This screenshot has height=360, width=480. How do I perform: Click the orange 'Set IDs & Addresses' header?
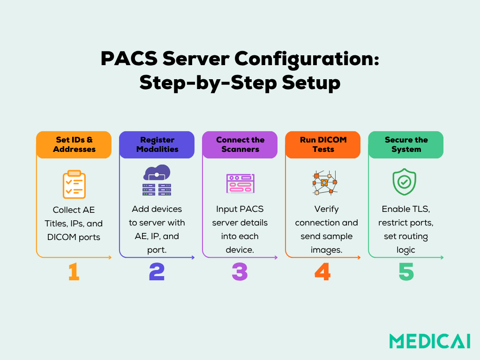click(x=74, y=144)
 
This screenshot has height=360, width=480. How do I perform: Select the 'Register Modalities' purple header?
click(x=157, y=144)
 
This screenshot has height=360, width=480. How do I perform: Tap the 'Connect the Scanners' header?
click(x=240, y=144)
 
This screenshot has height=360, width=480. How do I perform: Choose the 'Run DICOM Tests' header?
click(x=323, y=144)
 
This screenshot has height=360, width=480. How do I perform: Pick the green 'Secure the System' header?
click(x=406, y=144)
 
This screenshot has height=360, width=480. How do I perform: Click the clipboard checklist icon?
click(x=74, y=184)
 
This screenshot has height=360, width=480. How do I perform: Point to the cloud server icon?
click(x=157, y=180)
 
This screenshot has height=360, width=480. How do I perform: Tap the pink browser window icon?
click(x=240, y=183)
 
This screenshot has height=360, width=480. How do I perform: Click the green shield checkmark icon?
click(x=404, y=182)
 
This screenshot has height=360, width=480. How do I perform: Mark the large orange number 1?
click(x=74, y=272)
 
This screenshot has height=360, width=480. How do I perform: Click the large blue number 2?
click(x=157, y=272)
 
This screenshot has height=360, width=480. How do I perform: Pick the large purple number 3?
click(x=240, y=272)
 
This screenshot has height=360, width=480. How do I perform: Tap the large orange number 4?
click(x=323, y=272)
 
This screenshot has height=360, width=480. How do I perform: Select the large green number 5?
click(x=406, y=272)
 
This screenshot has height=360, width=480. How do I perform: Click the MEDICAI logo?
click(x=429, y=341)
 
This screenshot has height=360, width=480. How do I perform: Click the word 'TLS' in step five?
click(x=421, y=209)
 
